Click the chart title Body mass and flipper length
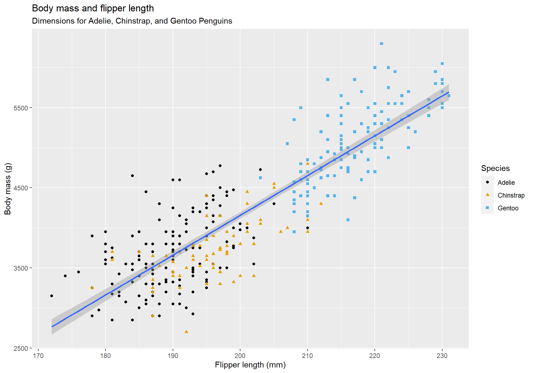93,8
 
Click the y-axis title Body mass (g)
8,189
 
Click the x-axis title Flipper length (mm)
250,365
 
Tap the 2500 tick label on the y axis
21,349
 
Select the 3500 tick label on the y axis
21,268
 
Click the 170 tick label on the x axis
38,356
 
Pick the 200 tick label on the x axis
240,356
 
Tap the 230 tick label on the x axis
442,356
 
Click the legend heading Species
495,168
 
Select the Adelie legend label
506,183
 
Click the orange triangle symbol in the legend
487,195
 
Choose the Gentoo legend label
508,208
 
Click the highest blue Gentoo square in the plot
381,44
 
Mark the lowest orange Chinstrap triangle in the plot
186,332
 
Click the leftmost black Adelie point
52,296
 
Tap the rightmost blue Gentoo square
449,96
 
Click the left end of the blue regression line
52,327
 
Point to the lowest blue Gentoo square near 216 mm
348,220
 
